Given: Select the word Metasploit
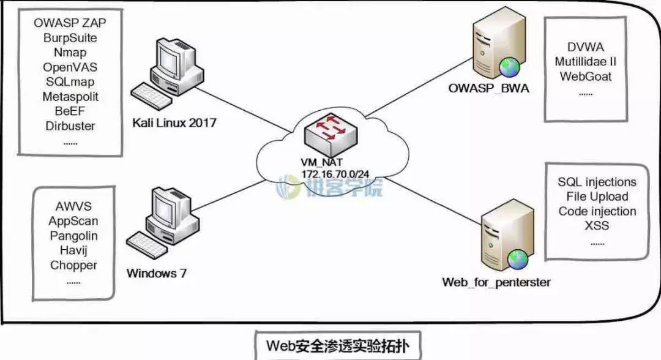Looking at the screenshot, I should [x=70, y=97].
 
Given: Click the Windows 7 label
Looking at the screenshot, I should [x=156, y=273].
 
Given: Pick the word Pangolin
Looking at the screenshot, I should [x=73, y=236].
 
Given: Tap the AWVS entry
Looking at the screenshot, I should [x=73, y=206].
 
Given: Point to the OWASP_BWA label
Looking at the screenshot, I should [x=489, y=88].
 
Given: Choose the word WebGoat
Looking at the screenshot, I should [x=586, y=77].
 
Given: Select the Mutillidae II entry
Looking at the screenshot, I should [x=586, y=62].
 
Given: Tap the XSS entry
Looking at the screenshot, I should [x=597, y=226].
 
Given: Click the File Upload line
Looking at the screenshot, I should [x=597, y=197].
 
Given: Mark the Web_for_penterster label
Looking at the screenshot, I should [x=496, y=282].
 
